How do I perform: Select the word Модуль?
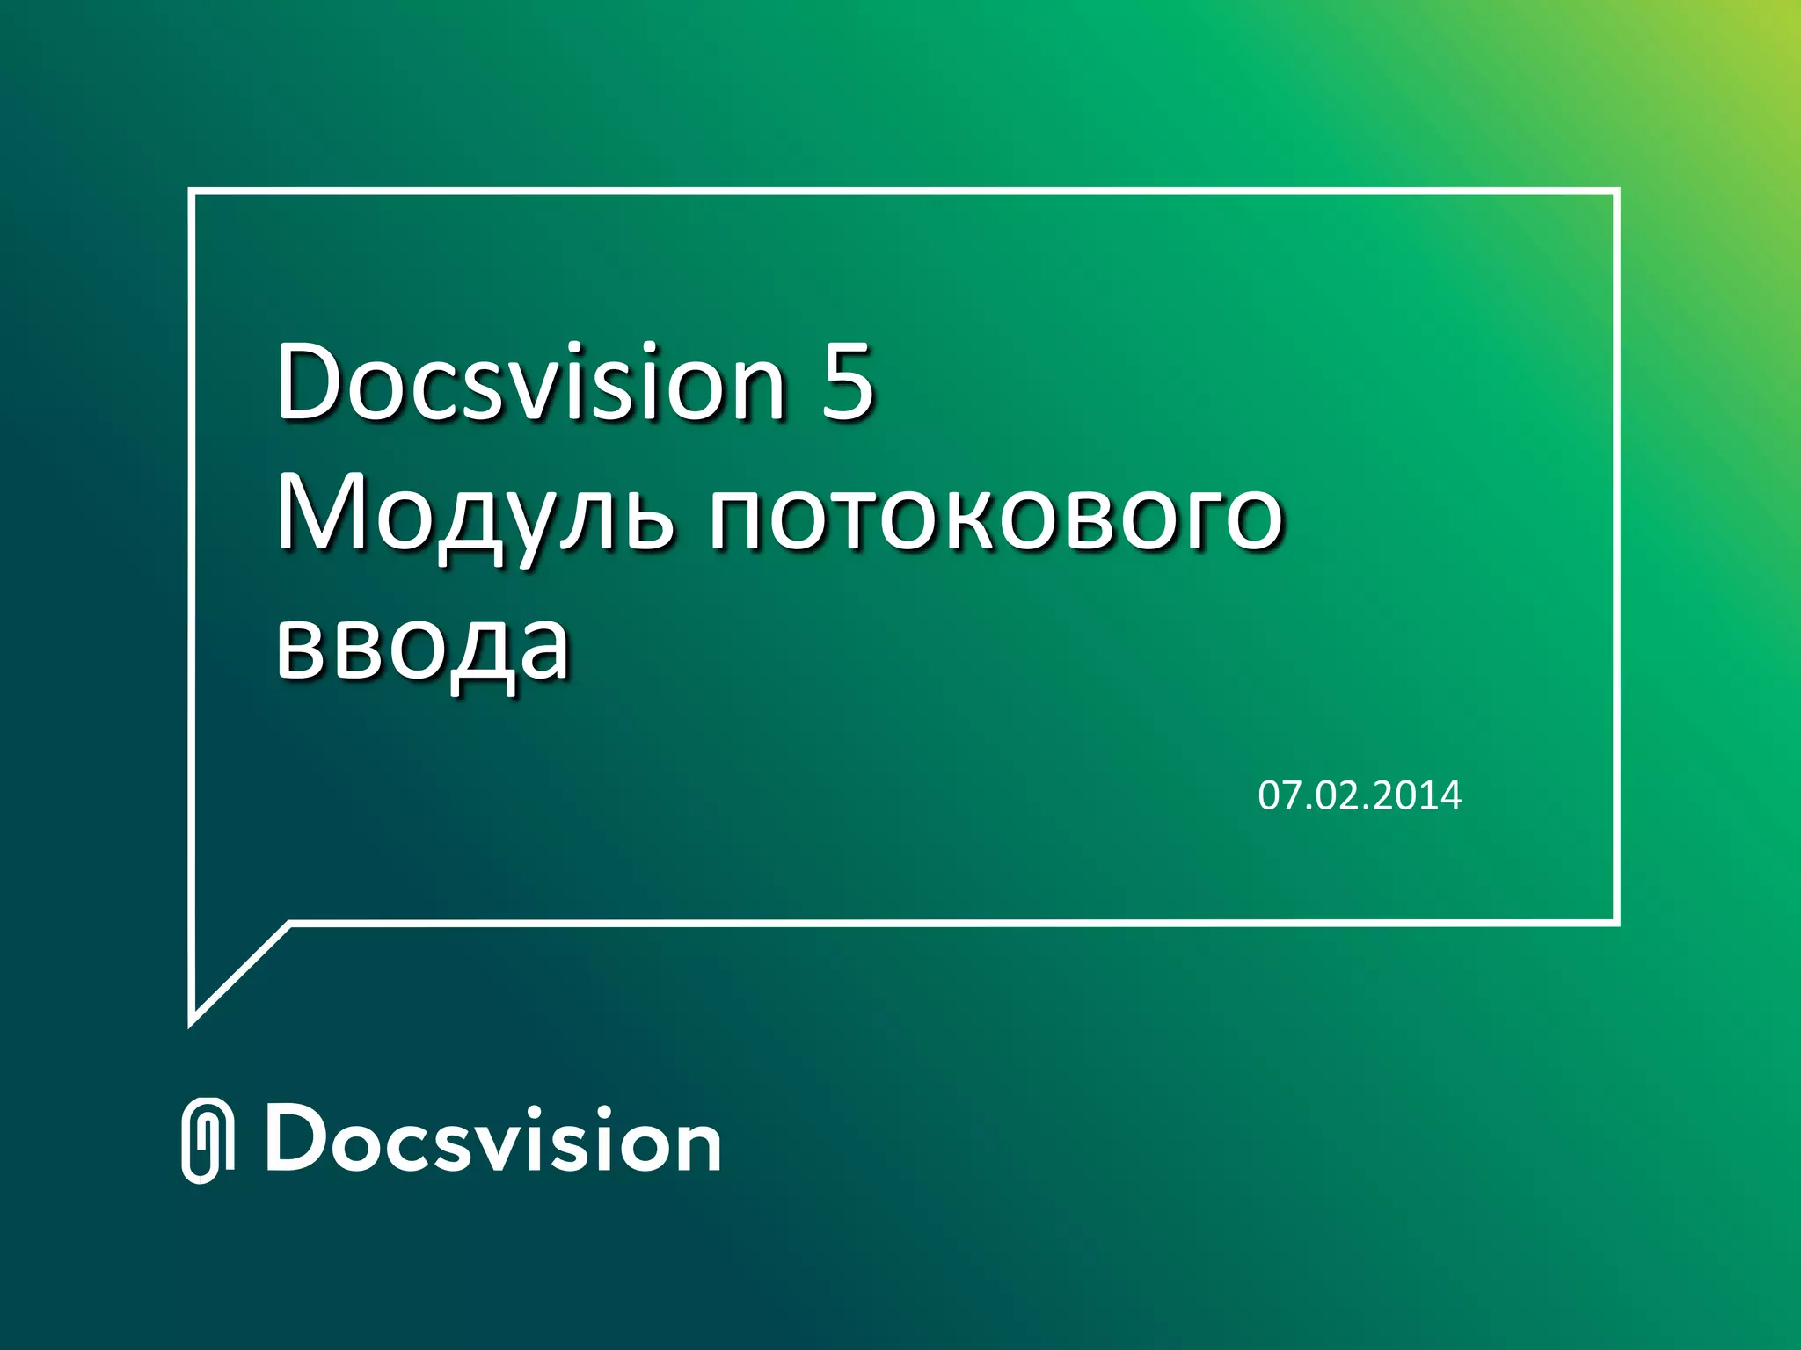476,514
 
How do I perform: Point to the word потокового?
996,514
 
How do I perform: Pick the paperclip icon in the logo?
208,1140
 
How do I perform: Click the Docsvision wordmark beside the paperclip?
493,1140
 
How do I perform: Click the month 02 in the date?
1337,795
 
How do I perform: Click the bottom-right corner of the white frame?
1616,922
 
